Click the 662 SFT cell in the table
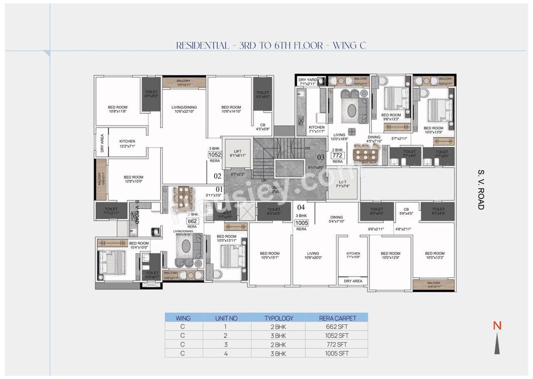(336, 327)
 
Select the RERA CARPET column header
(336, 318)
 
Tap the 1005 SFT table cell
(336, 354)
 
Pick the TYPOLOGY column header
(279, 318)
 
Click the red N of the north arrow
(497, 326)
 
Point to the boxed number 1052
(214, 155)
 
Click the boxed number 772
(337, 156)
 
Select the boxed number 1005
(301, 223)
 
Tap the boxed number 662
(192, 221)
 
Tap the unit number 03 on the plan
(321, 157)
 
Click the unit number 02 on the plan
(217, 176)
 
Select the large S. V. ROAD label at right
(481, 189)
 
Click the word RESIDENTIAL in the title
(202, 45)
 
